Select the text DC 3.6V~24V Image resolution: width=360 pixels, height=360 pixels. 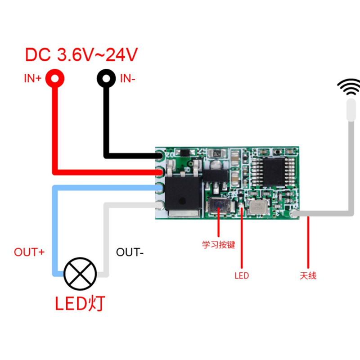[x=81, y=55]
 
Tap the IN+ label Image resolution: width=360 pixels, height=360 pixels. [x=33, y=79]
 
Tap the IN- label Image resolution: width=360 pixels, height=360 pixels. [x=127, y=79]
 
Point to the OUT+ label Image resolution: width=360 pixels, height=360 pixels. [x=29, y=252]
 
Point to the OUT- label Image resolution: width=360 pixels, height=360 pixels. [x=130, y=252]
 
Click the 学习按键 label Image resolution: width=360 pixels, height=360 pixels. [x=218, y=245]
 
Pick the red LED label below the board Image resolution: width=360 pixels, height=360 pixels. [x=241, y=275]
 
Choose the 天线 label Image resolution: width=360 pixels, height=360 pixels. [x=308, y=275]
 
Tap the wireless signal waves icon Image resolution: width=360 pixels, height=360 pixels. [x=351, y=87]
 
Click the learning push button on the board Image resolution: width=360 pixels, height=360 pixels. [x=217, y=207]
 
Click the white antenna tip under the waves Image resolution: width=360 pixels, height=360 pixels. [x=350, y=110]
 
